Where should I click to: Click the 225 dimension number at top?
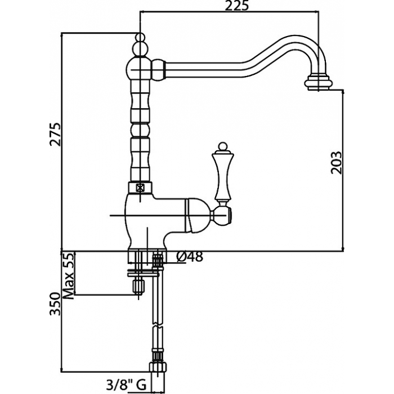236,6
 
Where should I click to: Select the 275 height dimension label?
55,134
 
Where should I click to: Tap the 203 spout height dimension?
336,163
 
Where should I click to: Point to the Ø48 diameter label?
189,257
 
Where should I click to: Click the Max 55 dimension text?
68,276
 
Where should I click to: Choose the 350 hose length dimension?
55,304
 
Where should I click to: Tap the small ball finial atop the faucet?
141,37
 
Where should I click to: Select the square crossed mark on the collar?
140,187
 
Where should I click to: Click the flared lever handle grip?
223,176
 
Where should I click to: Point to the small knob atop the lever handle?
222,146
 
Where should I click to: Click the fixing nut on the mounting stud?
138,286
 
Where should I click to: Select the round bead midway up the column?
140,130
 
